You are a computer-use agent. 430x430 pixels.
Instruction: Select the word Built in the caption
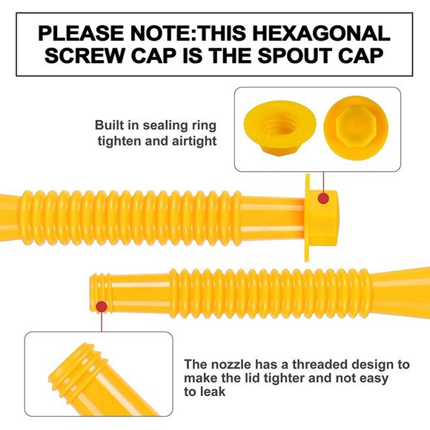110,125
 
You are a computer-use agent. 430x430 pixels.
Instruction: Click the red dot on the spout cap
322,198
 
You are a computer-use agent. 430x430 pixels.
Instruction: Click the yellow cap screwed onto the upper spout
320,215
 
